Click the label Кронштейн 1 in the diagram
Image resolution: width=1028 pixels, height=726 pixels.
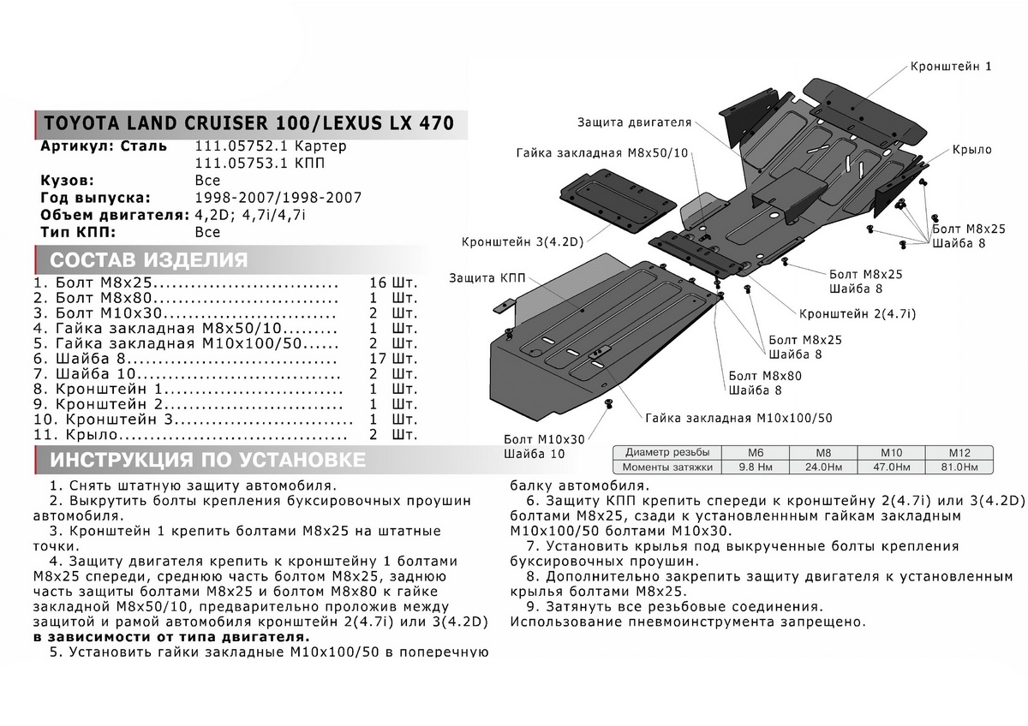coord(950,66)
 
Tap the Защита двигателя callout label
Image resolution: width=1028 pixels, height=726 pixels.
coord(633,122)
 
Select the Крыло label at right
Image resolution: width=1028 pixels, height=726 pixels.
coord(971,150)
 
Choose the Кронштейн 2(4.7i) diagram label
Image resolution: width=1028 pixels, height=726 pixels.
coord(858,314)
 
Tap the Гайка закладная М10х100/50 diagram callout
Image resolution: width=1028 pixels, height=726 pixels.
coord(739,419)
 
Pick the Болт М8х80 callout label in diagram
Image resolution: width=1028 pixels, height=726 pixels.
coord(765,376)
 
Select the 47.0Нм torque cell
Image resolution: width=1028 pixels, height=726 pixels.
coord(893,467)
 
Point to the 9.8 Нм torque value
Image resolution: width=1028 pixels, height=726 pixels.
coord(755,467)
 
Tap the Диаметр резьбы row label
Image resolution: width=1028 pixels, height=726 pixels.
coord(666,452)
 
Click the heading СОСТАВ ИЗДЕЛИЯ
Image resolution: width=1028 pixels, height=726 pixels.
coord(149,260)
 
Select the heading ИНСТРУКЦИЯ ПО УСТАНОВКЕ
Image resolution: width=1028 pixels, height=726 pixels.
coord(208,461)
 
